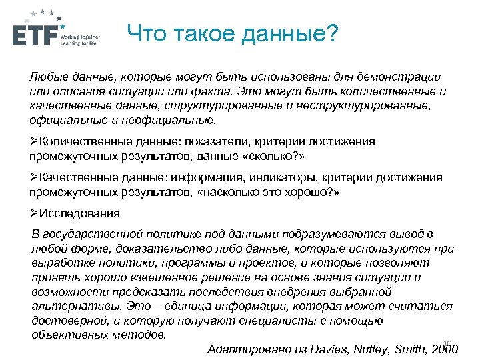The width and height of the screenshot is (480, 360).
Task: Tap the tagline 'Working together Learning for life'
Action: (x=79, y=39)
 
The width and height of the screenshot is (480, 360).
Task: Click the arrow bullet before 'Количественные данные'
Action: (x=35, y=142)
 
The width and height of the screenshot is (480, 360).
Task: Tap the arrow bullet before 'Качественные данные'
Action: (x=35, y=178)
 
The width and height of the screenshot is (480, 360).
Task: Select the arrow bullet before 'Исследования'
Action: (x=35, y=214)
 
